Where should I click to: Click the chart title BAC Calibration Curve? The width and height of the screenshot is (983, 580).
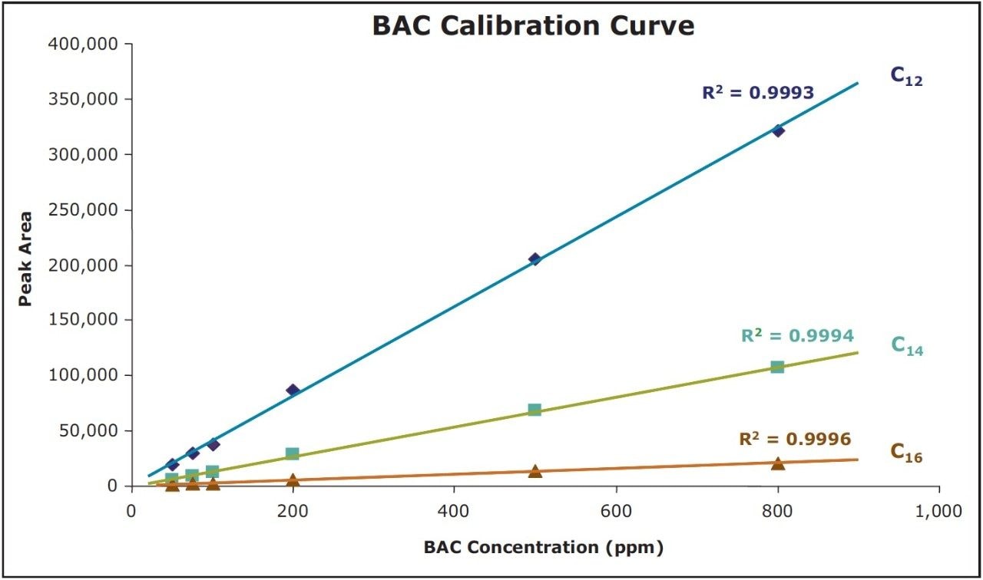pyautogui.click(x=533, y=26)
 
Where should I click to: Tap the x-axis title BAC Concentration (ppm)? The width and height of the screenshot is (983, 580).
pyautogui.click(x=543, y=548)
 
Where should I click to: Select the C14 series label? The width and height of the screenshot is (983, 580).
pyautogui.click(x=907, y=345)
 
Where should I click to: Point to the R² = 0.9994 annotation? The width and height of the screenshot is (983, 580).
pyautogui.click(x=797, y=335)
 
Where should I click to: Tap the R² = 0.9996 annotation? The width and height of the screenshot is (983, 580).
pyautogui.click(x=795, y=440)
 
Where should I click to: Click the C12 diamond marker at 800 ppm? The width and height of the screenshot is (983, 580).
pyautogui.click(x=778, y=130)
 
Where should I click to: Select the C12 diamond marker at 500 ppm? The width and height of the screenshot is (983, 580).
pyautogui.click(x=535, y=259)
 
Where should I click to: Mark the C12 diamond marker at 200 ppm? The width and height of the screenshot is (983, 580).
pyautogui.click(x=293, y=390)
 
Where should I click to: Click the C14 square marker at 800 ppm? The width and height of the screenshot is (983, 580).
pyautogui.click(x=777, y=367)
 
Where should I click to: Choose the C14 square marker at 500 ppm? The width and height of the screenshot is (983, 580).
pyautogui.click(x=535, y=410)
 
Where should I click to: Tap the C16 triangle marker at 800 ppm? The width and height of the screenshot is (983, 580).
pyautogui.click(x=778, y=463)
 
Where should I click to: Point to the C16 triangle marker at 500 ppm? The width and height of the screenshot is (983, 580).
pyautogui.click(x=535, y=471)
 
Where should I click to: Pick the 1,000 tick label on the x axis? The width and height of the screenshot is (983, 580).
pyautogui.click(x=939, y=510)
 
